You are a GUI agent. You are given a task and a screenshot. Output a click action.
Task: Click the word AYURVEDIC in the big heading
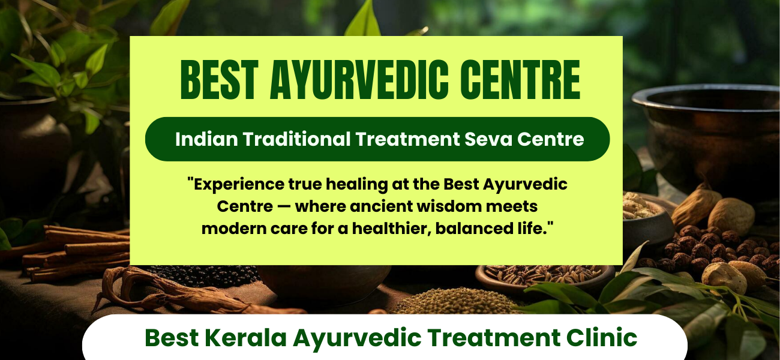(x=359, y=80)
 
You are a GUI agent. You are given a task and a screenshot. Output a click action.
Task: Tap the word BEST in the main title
(x=220, y=80)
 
